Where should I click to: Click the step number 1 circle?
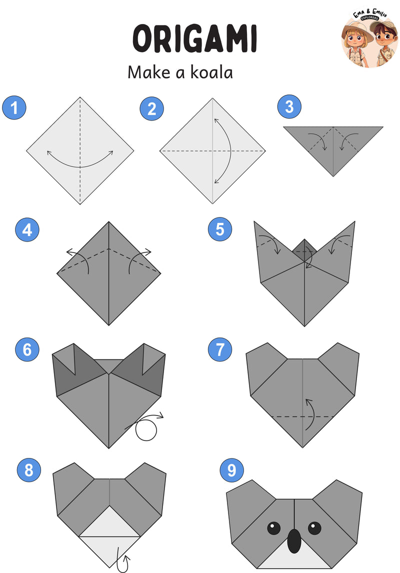click(x=14, y=108)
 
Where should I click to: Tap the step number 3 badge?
click(x=289, y=106)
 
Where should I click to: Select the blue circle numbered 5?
click(x=220, y=229)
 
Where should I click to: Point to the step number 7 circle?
click(x=220, y=349)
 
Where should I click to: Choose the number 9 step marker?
click(x=231, y=470)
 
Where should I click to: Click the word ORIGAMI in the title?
click(x=194, y=38)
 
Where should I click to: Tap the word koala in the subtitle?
click(x=211, y=72)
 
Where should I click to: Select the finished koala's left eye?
click(x=273, y=528)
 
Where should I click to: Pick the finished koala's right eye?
click(x=314, y=528)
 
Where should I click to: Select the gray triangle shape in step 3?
click(x=333, y=146)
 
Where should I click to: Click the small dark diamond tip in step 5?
click(x=304, y=248)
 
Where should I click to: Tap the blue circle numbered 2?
click(x=151, y=108)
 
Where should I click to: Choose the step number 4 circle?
click(x=27, y=230)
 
